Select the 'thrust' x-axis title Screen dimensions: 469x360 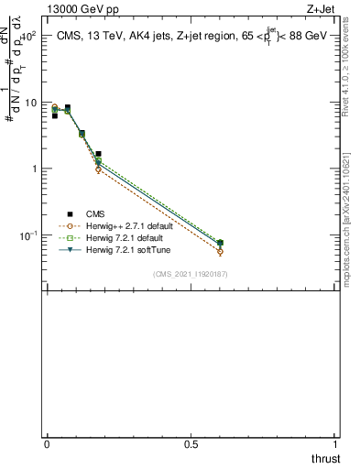(325, 458)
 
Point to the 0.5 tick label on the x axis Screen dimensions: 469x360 (191, 444)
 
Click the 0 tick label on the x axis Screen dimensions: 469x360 (47, 444)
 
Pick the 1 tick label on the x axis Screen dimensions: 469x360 (336, 444)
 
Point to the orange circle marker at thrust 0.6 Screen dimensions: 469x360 (220, 251)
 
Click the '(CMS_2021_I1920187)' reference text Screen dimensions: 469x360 (191, 274)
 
